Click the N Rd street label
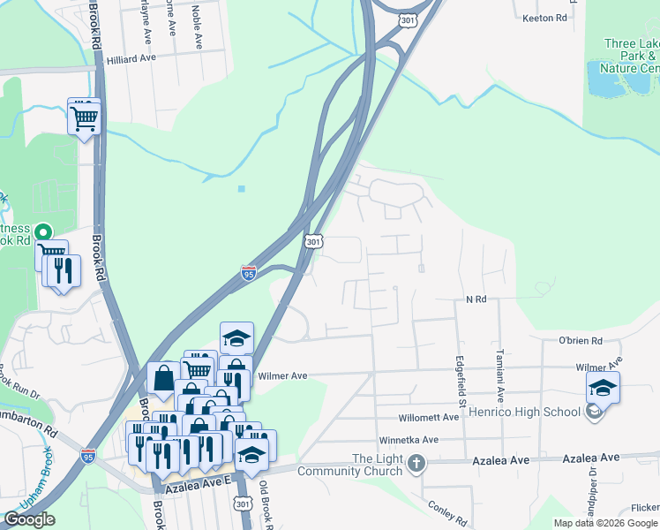[x=476, y=300]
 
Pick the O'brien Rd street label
[x=580, y=341]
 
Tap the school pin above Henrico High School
[x=603, y=388]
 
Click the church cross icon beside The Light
[x=416, y=462]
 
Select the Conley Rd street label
[x=446, y=511]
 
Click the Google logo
[x=29, y=519]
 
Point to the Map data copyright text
[x=605, y=523]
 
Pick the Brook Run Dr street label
[x=20, y=375]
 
